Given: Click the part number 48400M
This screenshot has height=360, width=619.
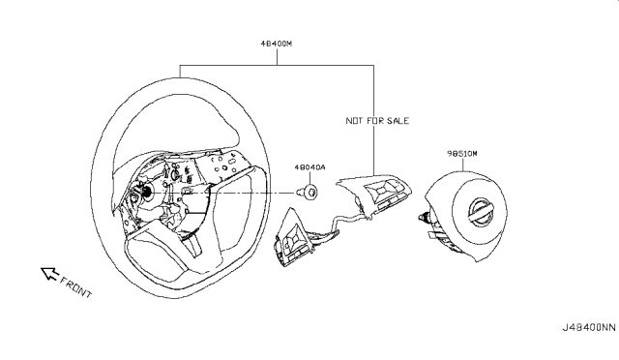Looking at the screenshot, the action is (276, 44).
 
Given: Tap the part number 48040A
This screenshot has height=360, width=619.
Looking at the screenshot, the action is (309, 167).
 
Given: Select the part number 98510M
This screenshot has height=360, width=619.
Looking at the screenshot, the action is (462, 153).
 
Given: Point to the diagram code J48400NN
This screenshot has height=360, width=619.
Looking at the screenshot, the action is (589, 328).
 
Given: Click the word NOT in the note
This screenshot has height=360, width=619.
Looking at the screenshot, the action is (355, 121).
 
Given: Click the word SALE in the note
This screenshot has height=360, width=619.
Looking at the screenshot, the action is (398, 121).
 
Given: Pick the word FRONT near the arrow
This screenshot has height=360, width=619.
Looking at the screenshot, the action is (75, 286).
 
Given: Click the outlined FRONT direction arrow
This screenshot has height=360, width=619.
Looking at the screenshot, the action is (49, 273).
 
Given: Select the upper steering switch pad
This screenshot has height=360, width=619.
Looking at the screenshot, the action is (374, 193).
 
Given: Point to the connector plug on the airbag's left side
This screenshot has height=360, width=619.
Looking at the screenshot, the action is (426, 217).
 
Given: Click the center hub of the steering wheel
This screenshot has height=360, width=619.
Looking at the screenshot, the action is (146, 192).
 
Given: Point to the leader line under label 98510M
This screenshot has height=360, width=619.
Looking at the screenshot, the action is (463, 165).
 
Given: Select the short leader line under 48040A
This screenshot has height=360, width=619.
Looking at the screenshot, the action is (310, 179).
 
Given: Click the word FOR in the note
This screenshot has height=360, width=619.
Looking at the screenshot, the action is (375, 121).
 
